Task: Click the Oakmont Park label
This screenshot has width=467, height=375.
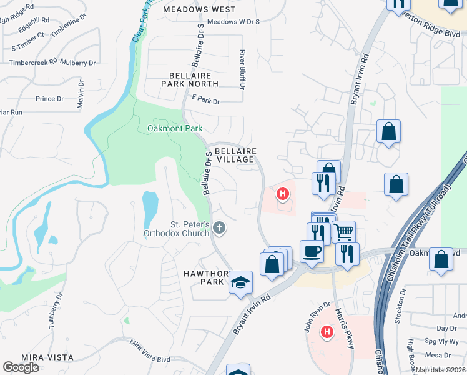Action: pyautogui.click(x=175, y=128)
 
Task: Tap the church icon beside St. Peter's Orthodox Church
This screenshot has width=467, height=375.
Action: pyautogui.click(x=219, y=228)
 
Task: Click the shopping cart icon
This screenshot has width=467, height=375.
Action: pyautogui.click(x=343, y=232)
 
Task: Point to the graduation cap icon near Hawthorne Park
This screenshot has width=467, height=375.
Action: pyautogui.click(x=240, y=282)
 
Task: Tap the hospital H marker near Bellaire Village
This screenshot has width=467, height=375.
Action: pyautogui.click(x=283, y=194)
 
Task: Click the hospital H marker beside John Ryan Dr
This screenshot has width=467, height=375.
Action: pyautogui.click(x=325, y=331)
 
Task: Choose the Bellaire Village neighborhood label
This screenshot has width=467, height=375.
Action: pyautogui.click(x=235, y=155)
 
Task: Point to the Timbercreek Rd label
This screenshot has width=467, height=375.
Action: pyautogui.click(x=33, y=62)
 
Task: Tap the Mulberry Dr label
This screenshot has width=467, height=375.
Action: pyautogui.click(x=78, y=62)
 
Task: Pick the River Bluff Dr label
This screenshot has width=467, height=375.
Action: pyautogui.click(x=243, y=69)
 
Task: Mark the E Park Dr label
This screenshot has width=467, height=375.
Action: pyautogui.click(x=206, y=100)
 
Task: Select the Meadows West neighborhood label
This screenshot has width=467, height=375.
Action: pyautogui.click(x=199, y=9)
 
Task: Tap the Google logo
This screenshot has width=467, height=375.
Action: pyautogui.click(x=21, y=367)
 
